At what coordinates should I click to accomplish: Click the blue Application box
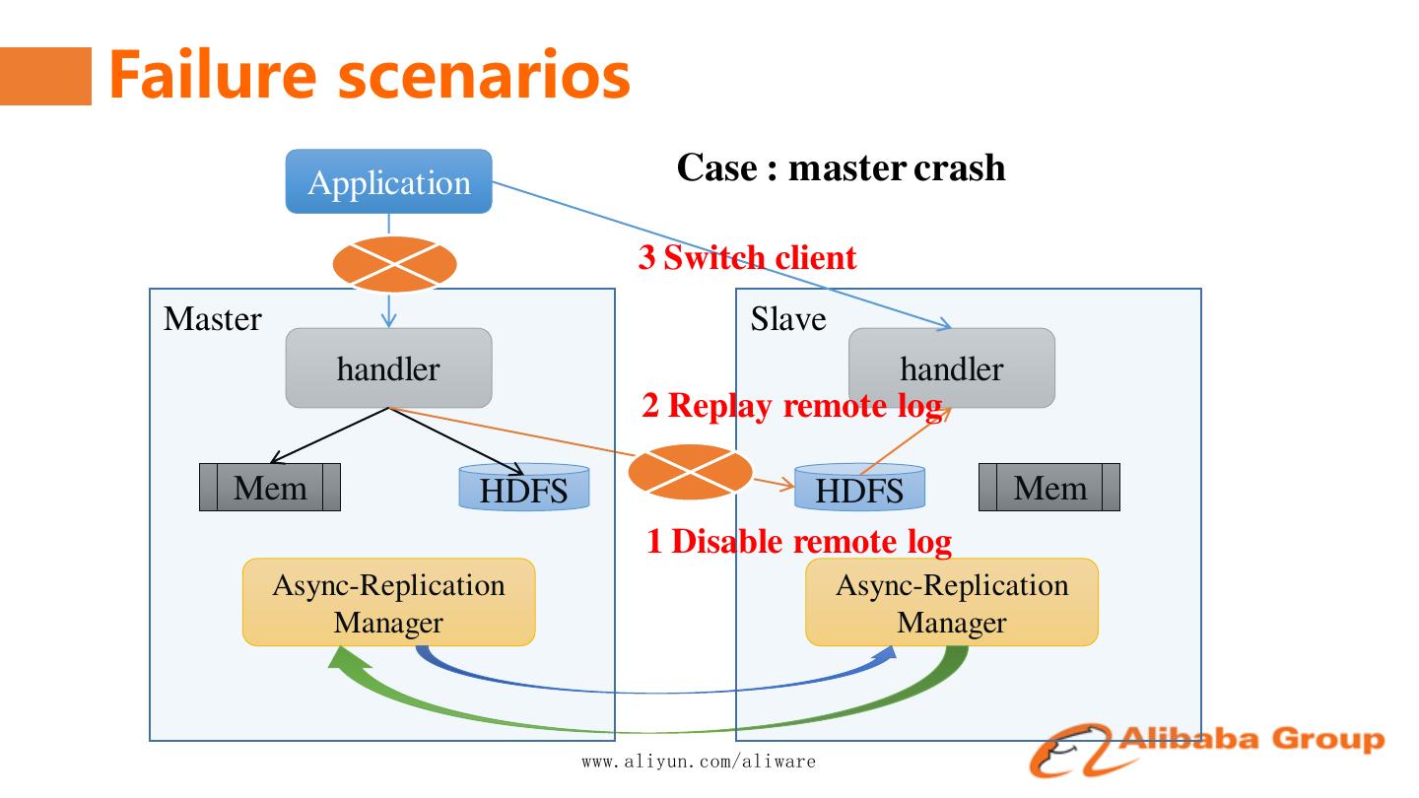388,182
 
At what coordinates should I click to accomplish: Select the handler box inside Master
388,368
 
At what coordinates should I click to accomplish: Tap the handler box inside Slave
952,368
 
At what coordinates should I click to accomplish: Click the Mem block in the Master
270,487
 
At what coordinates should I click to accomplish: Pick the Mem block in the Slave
1049,487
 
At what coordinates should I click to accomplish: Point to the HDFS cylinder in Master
524,488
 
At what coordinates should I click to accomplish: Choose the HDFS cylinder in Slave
860,488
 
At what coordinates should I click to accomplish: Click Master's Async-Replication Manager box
388,603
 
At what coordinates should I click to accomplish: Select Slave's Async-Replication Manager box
952,603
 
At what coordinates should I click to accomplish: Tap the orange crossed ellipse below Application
395,264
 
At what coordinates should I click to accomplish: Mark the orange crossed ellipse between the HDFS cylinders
691,473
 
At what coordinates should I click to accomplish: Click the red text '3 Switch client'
747,258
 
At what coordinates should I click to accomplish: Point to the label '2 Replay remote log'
792,405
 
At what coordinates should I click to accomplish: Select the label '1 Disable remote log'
799,541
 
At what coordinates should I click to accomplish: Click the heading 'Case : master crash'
841,167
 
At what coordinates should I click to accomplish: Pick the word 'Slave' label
788,319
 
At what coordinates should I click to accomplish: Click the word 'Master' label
213,319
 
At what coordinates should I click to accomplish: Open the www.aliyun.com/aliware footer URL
699,762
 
